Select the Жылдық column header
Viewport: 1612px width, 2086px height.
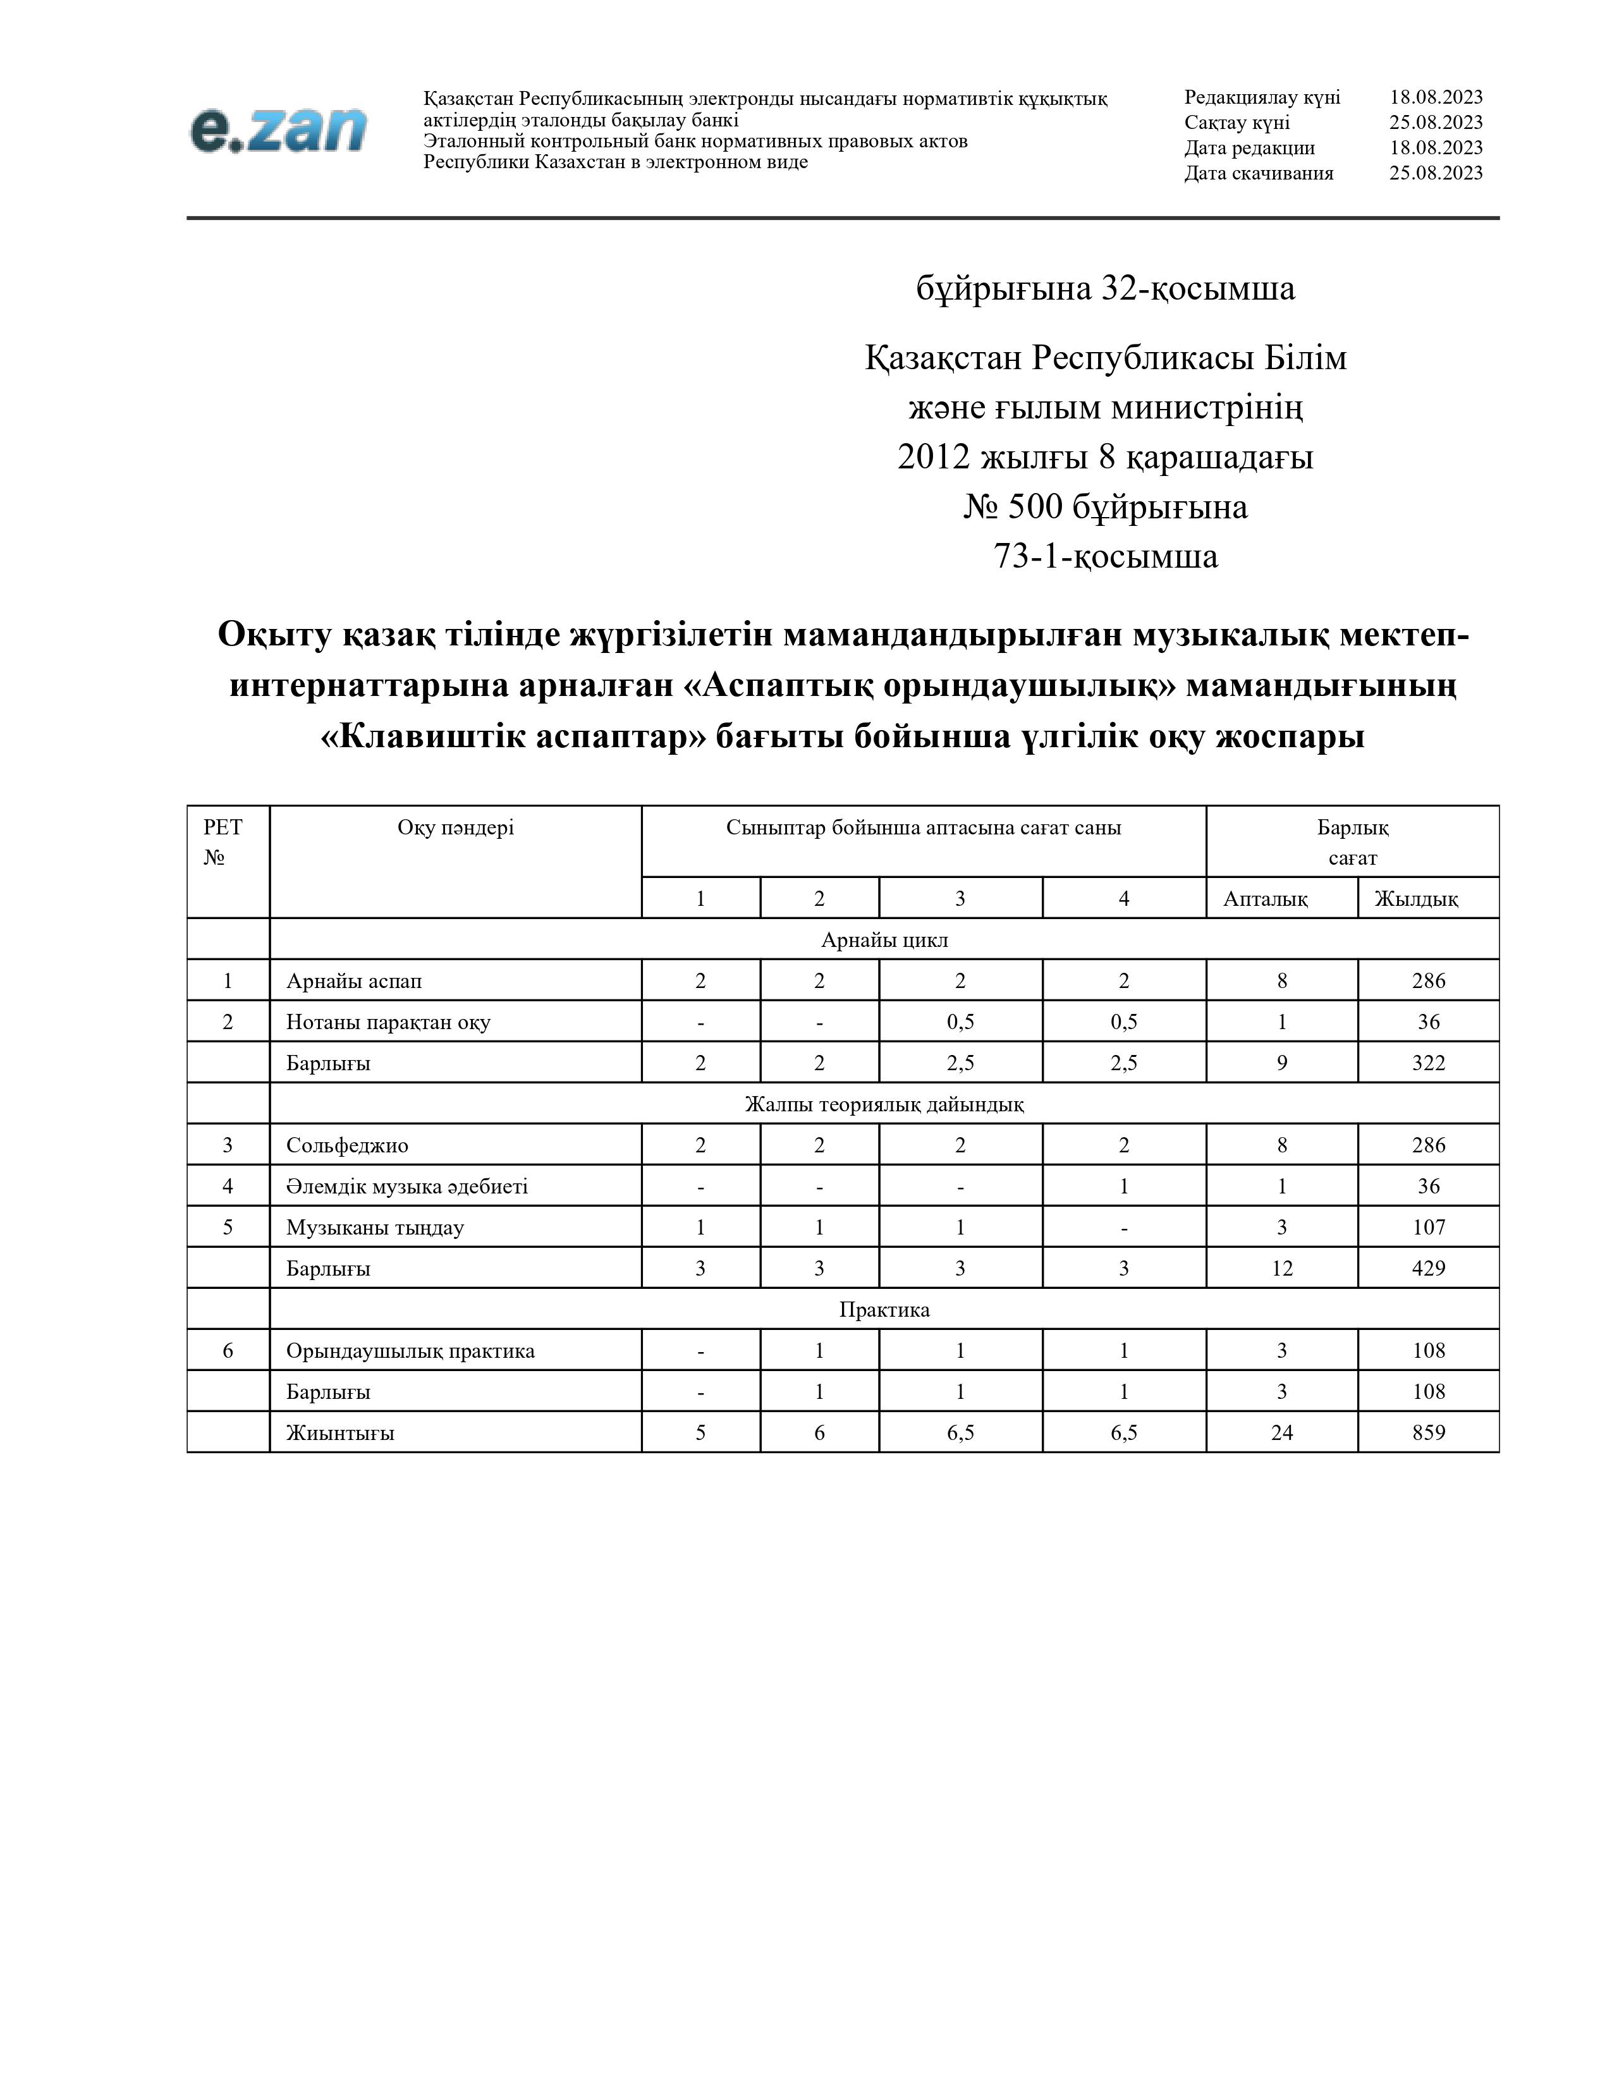[x=1415, y=899]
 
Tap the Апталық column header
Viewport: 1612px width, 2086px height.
[x=1266, y=899]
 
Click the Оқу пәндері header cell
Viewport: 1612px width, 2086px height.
[x=456, y=828]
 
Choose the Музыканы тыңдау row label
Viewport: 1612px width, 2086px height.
[x=374, y=1228]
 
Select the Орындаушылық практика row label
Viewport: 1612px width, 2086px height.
[x=410, y=1351]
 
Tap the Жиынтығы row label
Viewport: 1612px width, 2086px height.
[x=340, y=1432]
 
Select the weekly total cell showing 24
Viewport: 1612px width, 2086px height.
[x=1281, y=1432]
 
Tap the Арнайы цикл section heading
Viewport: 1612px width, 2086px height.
[x=884, y=940]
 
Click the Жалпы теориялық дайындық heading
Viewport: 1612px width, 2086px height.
[x=884, y=1104]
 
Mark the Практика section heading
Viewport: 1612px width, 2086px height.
[x=884, y=1310]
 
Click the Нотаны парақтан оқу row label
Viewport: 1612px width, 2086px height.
[x=388, y=1022]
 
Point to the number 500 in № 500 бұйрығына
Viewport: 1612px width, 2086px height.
[x=1034, y=507]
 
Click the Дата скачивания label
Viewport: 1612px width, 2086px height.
[x=1259, y=173]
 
